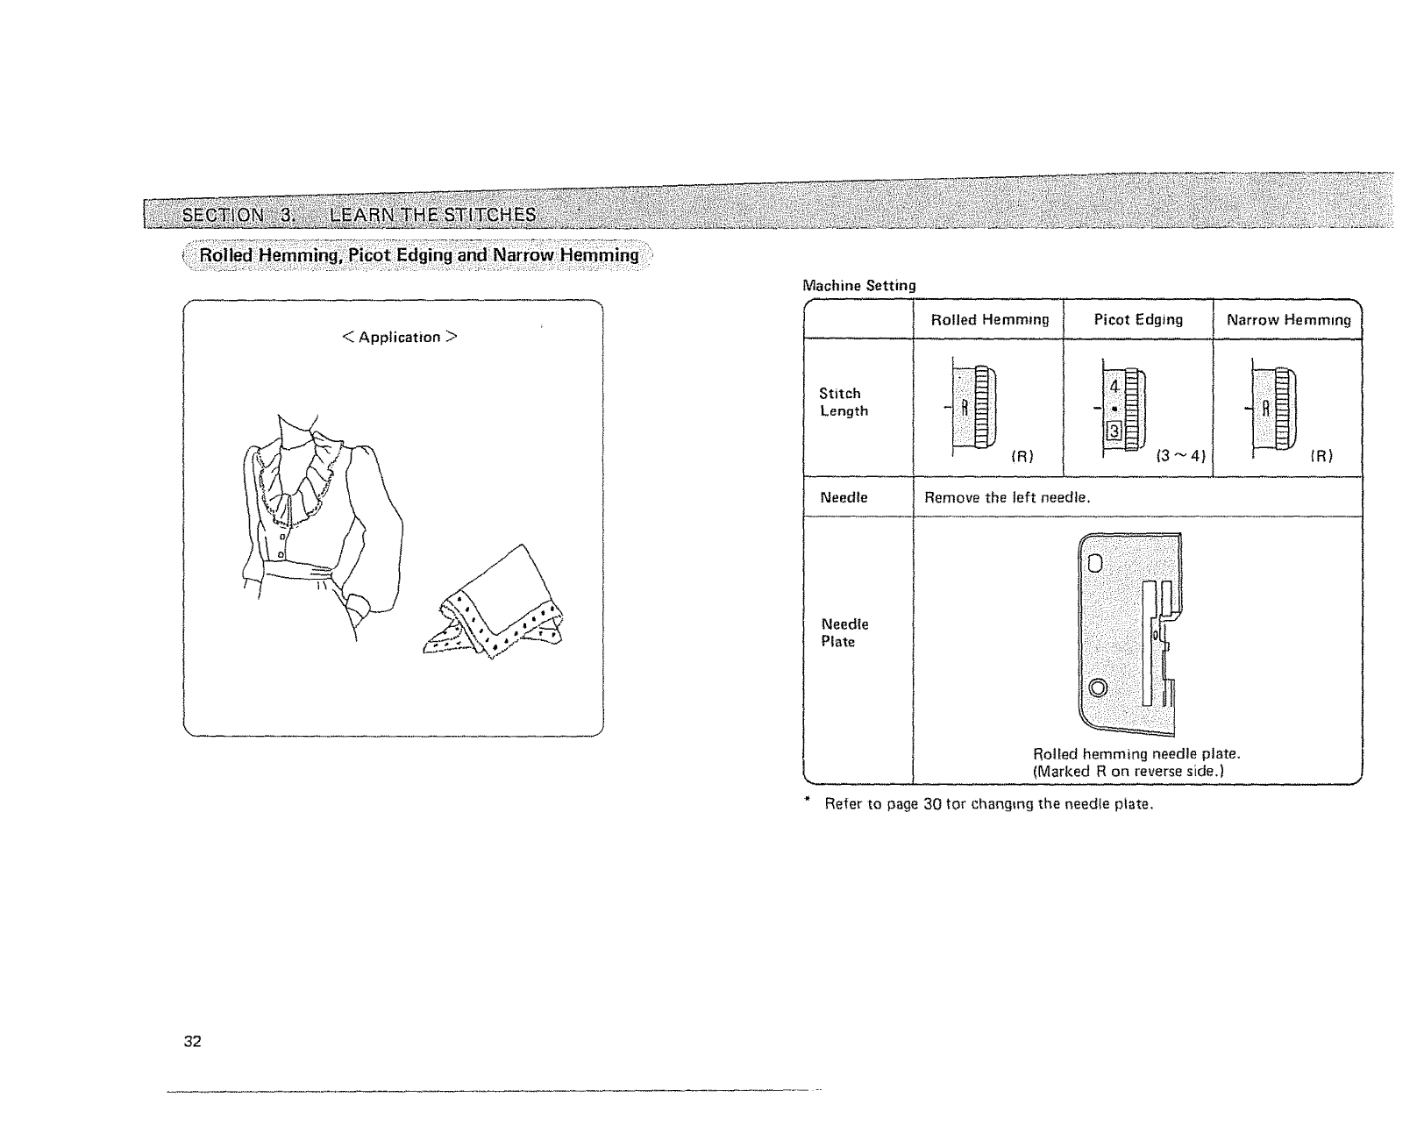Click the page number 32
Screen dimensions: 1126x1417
[193, 1042]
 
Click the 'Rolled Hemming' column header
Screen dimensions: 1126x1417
[989, 320]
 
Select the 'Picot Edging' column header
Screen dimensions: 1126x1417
[1138, 320]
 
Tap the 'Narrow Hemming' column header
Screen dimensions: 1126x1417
[1288, 320]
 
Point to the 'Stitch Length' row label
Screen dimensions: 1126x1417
[843, 403]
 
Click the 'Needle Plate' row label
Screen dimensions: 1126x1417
[844, 632]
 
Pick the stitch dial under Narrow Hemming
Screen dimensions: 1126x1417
[1273, 408]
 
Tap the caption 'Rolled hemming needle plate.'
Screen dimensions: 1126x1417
[1136, 754]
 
